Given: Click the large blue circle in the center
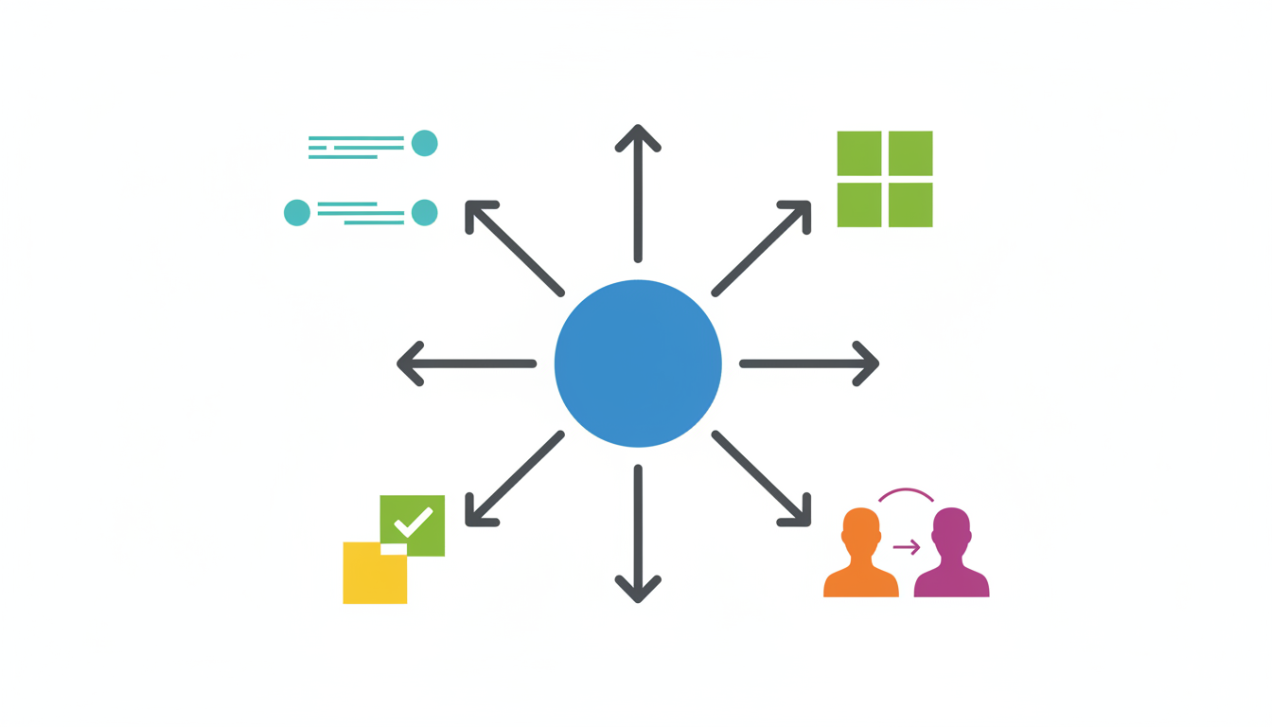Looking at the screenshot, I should click(x=638, y=363).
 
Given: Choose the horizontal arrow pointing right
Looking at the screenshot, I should click(x=809, y=363).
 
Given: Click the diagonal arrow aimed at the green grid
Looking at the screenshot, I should click(x=762, y=248).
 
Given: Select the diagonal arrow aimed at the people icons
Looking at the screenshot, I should click(x=762, y=478).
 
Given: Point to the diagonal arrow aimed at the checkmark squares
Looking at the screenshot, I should click(x=515, y=478).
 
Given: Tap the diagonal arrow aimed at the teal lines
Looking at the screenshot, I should click(x=515, y=248).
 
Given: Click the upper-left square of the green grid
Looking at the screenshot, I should click(x=859, y=153).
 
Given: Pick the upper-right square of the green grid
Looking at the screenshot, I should click(x=910, y=153).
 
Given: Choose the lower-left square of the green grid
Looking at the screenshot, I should click(x=859, y=204).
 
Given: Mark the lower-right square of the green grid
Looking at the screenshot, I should click(x=910, y=204).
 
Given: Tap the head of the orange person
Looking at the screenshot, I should click(x=860, y=526).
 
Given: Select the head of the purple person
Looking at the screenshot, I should click(x=951, y=526).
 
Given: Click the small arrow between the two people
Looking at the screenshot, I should click(x=907, y=547).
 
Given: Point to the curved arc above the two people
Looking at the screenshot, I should click(x=907, y=492).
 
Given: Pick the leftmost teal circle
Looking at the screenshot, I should click(x=297, y=213).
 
